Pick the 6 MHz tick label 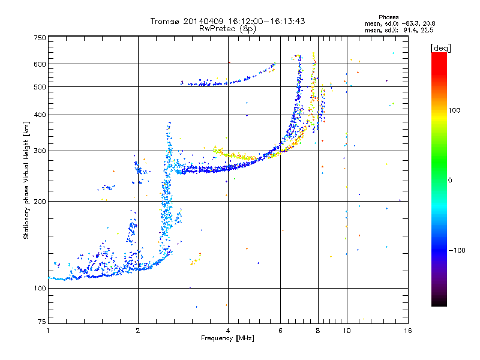click(280, 331)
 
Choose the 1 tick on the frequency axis click(48, 331)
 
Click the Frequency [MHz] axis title click(227, 338)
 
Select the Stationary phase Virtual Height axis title click(26, 180)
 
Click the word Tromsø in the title click(165, 21)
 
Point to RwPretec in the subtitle click(218, 28)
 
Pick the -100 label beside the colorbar click(455, 250)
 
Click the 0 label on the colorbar click(451, 180)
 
